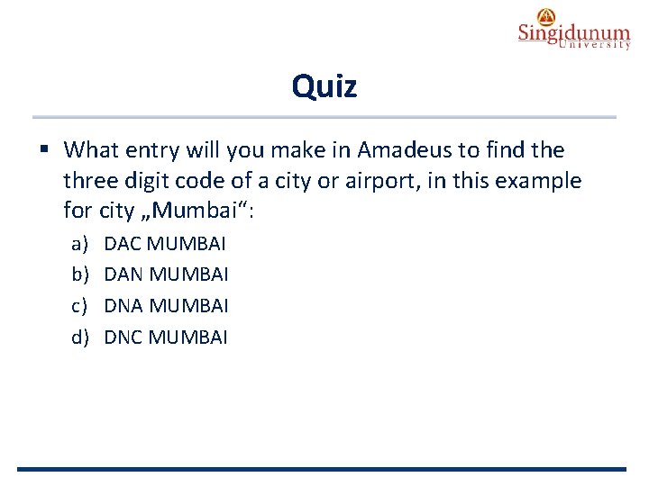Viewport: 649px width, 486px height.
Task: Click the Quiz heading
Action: (x=324, y=86)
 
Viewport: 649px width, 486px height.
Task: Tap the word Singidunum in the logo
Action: (x=573, y=33)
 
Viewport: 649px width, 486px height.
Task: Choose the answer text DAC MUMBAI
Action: (x=165, y=243)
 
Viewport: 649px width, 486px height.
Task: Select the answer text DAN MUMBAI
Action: (x=166, y=274)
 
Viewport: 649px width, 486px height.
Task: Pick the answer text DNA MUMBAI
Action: (x=166, y=306)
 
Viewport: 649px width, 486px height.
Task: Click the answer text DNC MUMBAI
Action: (x=166, y=337)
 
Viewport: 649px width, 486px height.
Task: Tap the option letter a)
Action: (x=80, y=243)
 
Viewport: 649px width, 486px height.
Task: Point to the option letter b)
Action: (x=80, y=274)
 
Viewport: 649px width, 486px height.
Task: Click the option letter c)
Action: (x=80, y=306)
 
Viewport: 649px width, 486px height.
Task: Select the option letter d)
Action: (x=80, y=337)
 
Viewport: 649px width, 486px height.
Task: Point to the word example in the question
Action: (x=538, y=181)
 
